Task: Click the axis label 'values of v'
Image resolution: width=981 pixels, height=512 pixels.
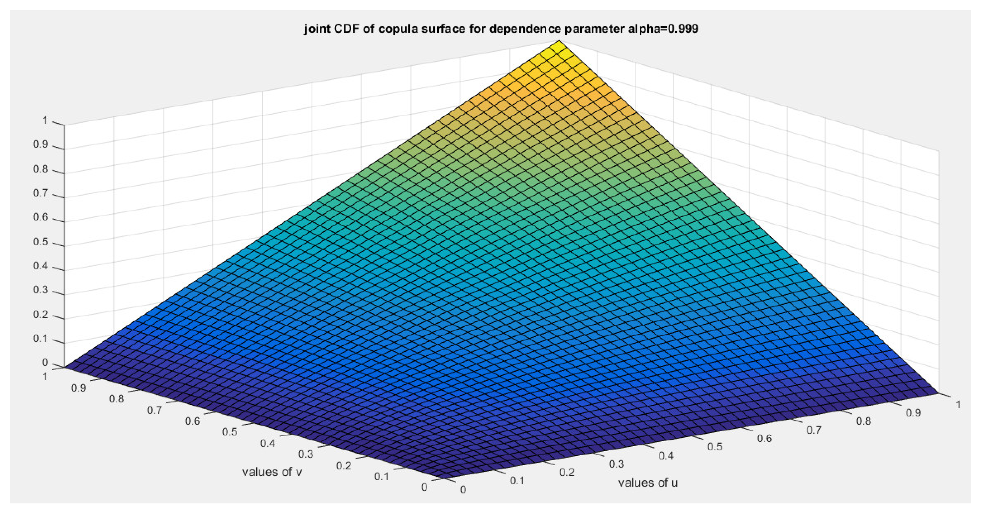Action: pyautogui.click(x=272, y=472)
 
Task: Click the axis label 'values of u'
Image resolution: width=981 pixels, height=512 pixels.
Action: pyautogui.click(x=647, y=483)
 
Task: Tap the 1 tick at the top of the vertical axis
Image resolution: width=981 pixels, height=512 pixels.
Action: pyautogui.click(x=45, y=121)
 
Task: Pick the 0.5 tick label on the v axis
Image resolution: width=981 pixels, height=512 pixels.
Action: pyautogui.click(x=229, y=432)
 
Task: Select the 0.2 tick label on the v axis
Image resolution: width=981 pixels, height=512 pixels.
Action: pyautogui.click(x=344, y=466)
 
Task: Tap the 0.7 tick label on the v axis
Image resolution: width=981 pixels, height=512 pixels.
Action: pyautogui.click(x=154, y=410)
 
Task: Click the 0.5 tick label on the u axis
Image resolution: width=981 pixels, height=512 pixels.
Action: pyautogui.click(x=714, y=447)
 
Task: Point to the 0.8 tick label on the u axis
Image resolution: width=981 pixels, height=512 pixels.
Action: pyautogui.click(x=863, y=421)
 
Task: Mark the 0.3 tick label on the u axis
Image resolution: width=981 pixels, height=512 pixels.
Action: pyautogui.click(x=616, y=464)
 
